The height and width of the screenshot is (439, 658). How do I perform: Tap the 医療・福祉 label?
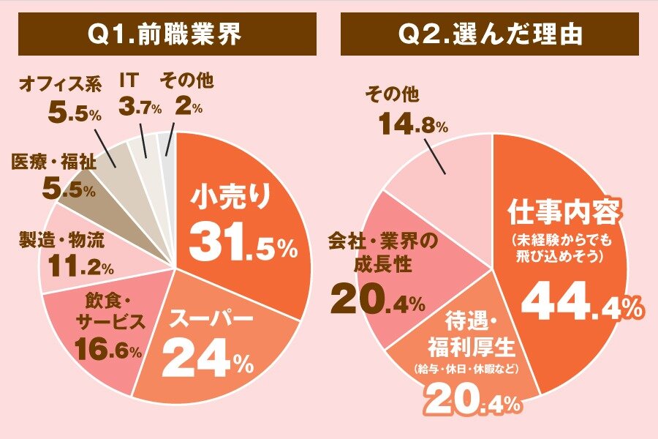coord(53,163)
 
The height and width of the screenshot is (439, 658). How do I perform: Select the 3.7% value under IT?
coord(139,108)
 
